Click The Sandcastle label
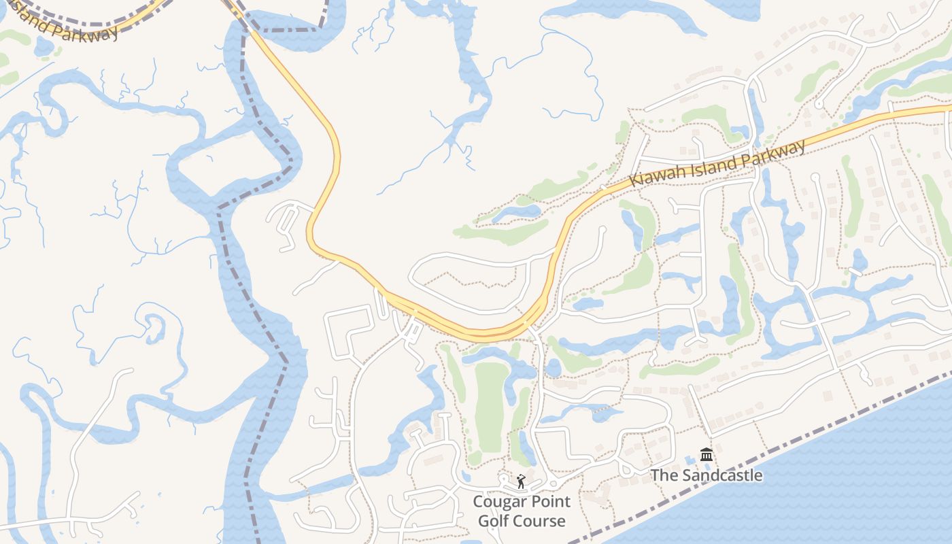click(707, 475)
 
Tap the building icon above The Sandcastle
click(707, 454)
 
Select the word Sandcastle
click(721, 475)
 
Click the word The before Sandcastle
click(664, 475)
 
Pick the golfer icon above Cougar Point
click(521, 482)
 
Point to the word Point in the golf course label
click(551, 502)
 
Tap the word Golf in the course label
click(494, 521)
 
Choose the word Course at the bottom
click(540, 521)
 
